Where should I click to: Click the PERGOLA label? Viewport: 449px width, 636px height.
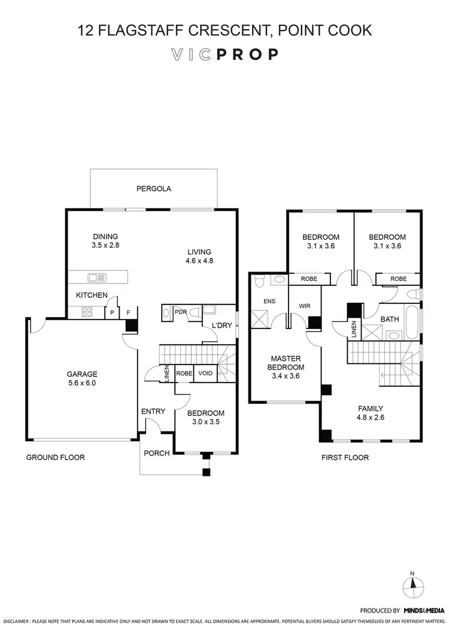(154, 188)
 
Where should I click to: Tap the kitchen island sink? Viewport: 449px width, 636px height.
(96, 277)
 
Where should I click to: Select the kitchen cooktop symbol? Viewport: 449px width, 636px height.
(86, 312)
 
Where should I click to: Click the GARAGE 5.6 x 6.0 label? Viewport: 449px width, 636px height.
(81, 378)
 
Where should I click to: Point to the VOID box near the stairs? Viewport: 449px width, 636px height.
(205, 373)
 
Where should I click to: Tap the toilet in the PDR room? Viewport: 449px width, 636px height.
(166, 312)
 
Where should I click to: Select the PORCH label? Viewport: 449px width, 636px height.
(157, 453)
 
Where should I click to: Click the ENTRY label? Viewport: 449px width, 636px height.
(153, 411)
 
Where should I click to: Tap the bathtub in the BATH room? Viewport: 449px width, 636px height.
(412, 324)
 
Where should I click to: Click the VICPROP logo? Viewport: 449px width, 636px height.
(224, 55)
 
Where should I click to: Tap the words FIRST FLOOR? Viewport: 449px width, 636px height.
(345, 457)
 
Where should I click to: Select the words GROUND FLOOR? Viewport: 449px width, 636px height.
(55, 457)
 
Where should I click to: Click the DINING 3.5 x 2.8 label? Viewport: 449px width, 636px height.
(105, 240)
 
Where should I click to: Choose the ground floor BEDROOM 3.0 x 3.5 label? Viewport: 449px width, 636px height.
(205, 417)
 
